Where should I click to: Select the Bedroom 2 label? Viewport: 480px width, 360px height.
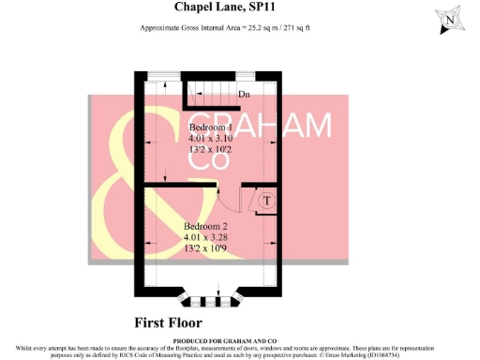click(205, 227)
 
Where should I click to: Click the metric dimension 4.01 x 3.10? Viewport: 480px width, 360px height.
click(212, 138)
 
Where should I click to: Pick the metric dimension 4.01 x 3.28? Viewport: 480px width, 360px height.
click(205, 238)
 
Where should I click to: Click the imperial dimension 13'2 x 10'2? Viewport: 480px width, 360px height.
click(212, 149)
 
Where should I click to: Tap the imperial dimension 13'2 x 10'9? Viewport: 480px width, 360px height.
click(205, 249)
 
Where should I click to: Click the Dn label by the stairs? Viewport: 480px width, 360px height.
click(244, 95)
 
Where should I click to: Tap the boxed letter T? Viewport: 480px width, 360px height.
click(265, 201)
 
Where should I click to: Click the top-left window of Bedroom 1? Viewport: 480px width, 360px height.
click(166, 76)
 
